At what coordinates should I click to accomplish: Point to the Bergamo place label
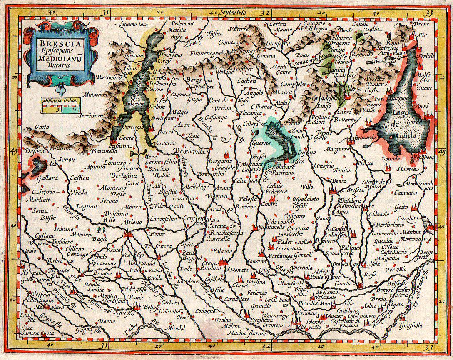220,161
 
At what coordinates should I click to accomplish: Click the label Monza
133,207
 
